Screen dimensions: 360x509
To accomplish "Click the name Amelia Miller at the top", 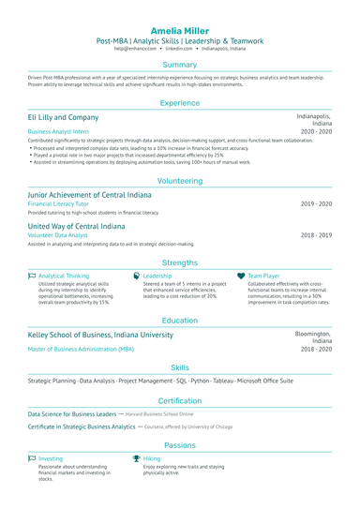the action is pyautogui.click(x=180, y=30).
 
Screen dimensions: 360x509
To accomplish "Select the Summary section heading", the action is pyautogui.click(x=180, y=65).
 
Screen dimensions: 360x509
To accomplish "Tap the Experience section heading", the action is pyautogui.click(x=180, y=103).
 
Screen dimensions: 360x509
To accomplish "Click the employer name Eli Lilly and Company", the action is pyautogui.click(x=63, y=117).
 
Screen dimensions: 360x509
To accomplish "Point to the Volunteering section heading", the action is pyautogui.click(x=180, y=180).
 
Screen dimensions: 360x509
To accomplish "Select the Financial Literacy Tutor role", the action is pyautogui.click(x=58, y=203).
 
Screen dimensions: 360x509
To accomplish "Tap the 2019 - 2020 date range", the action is pyautogui.click(x=316, y=203).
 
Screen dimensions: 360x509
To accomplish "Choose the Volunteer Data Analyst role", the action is pyautogui.click(x=59, y=235).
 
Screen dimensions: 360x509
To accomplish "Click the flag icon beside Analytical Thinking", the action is pyautogui.click(x=32, y=277).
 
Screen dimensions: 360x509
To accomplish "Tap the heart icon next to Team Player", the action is pyautogui.click(x=241, y=277).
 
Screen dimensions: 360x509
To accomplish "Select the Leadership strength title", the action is pyautogui.click(x=157, y=277).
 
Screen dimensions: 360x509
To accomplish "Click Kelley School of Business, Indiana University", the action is pyautogui.click(x=100, y=335).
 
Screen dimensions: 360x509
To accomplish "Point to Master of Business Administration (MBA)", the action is pyautogui.click(x=81, y=349).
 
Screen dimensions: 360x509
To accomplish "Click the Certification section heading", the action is pyautogui.click(x=180, y=400).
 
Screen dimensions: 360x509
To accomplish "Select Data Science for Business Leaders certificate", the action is pyautogui.click(x=71, y=413).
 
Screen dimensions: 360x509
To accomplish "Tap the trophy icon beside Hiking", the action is pyautogui.click(x=136, y=458).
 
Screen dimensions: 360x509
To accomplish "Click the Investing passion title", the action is pyautogui.click(x=52, y=458).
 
